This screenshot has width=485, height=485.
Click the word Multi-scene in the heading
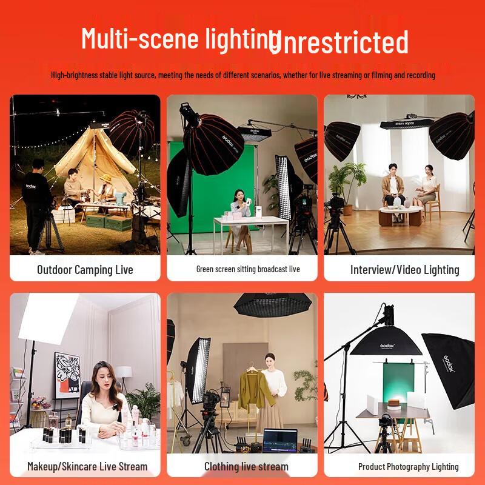pos(140,38)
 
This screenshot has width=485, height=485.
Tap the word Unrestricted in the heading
pos(339,42)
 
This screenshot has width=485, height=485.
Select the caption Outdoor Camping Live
pos(85,269)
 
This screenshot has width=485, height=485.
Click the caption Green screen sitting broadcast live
pos(248,269)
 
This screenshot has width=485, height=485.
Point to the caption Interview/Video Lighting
pos(404,270)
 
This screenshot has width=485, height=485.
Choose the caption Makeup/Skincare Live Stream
pos(87,466)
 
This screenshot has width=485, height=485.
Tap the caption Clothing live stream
pos(246,466)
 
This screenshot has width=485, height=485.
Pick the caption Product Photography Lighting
pos(408,466)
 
